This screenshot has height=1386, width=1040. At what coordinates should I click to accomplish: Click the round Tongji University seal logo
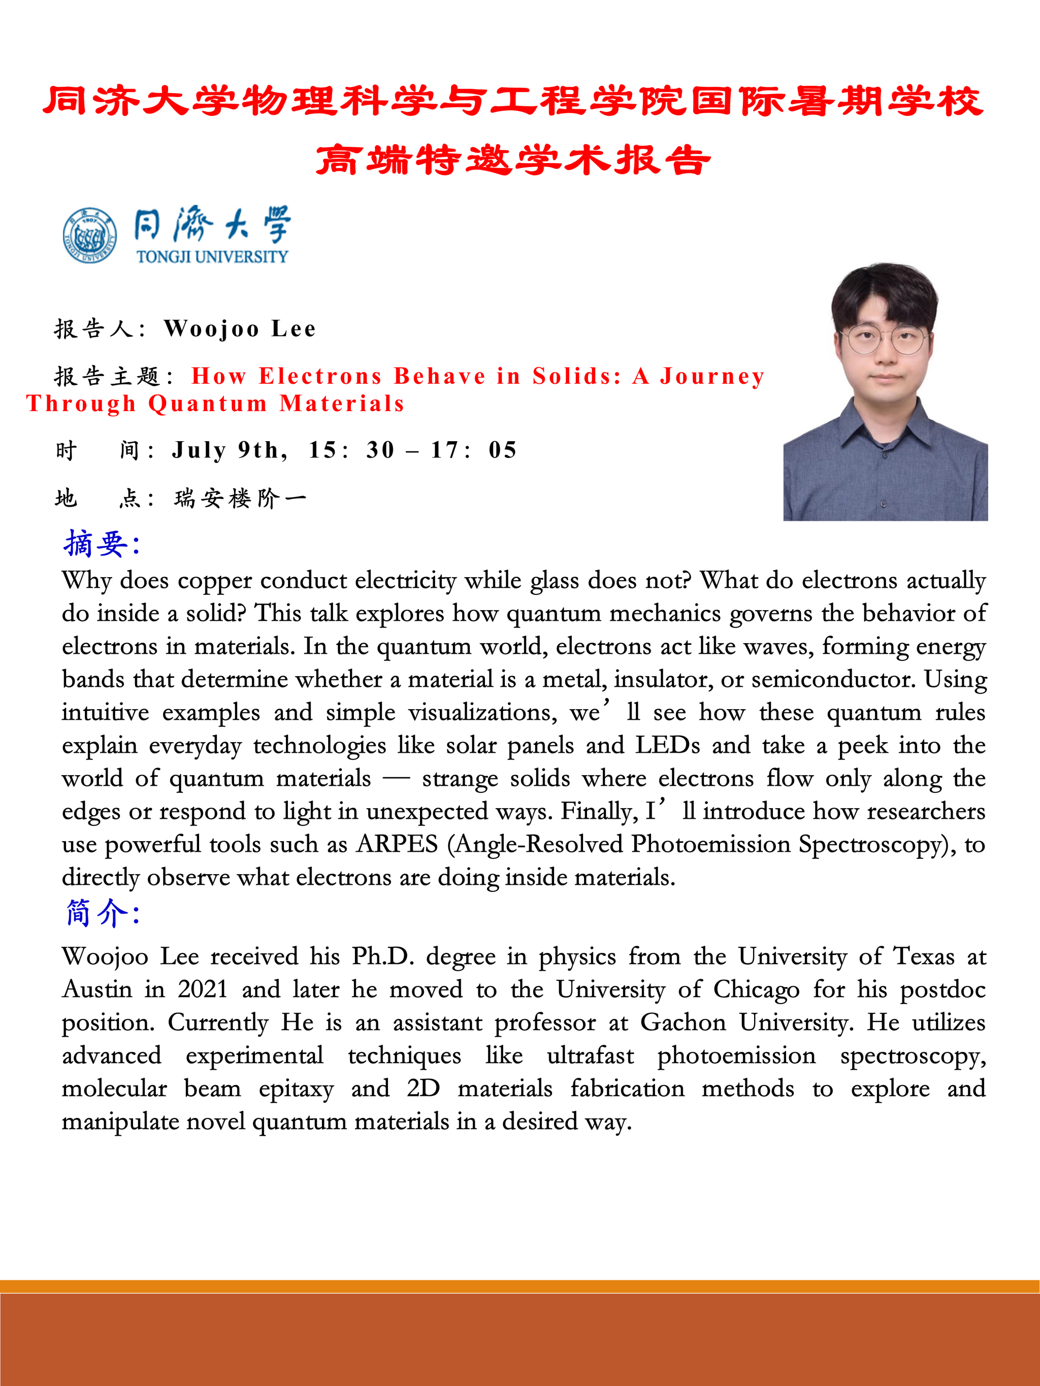pyautogui.click(x=90, y=236)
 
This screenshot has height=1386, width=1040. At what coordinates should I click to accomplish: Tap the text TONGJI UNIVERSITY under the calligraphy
pyautogui.click(x=212, y=257)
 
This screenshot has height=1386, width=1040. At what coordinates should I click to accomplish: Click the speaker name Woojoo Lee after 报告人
pyautogui.click(x=240, y=329)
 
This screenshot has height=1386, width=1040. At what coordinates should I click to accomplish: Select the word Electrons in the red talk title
pyautogui.click(x=320, y=376)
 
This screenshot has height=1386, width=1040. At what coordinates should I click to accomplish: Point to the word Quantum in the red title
pyautogui.click(x=208, y=404)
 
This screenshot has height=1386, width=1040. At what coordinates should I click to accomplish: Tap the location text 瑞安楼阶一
pyautogui.click(x=240, y=499)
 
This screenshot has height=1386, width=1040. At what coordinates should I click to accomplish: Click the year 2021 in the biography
pyautogui.click(x=203, y=989)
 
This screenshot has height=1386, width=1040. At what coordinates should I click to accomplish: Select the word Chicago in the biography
pyautogui.click(x=756, y=989)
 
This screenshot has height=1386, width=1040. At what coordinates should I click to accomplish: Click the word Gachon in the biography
pyautogui.click(x=682, y=1022)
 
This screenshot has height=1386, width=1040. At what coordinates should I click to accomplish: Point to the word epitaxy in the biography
pyautogui.click(x=296, y=1089)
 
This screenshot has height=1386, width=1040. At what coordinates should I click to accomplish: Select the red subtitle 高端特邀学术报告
pyautogui.click(x=513, y=160)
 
